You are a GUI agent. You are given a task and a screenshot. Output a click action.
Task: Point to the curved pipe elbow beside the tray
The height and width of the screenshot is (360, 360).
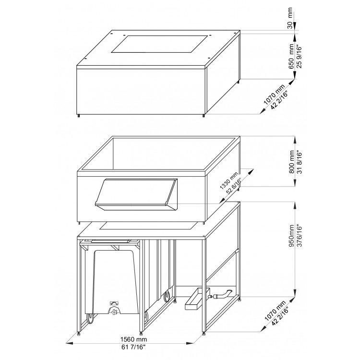223,294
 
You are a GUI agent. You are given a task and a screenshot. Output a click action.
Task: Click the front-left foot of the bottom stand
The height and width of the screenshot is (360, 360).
79,332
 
